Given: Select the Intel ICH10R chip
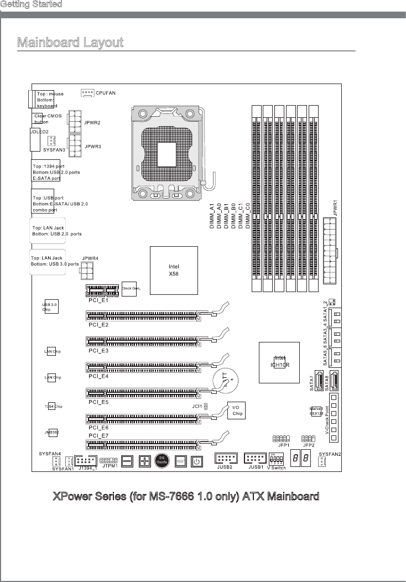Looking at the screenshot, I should click(x=280, y=362).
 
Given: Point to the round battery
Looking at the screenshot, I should click(x=227, y=381).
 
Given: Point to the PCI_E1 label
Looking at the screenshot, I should click(x=98, y=300).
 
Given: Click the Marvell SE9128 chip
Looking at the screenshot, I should click(x=316, y=411).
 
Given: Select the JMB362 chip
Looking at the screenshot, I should click(x=51, y=432).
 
